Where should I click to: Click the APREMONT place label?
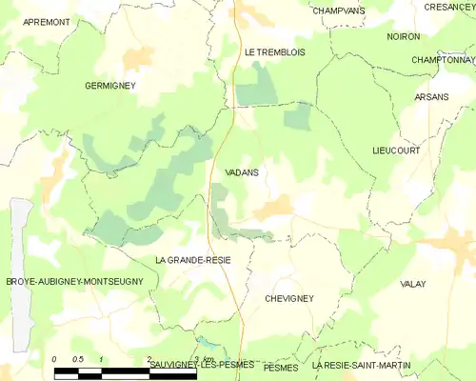(x=47, y=21)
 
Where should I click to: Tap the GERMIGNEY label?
(x=110, y=85)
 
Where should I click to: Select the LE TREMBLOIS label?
(x=274, y=52)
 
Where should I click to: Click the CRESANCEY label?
(x=449, y=7)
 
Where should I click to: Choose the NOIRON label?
(x=404, y=36)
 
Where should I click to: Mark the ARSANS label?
(x=431, y=97)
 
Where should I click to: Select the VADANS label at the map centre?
(x=244, y=172)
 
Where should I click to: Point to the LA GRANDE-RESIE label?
(x=192, y=259)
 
